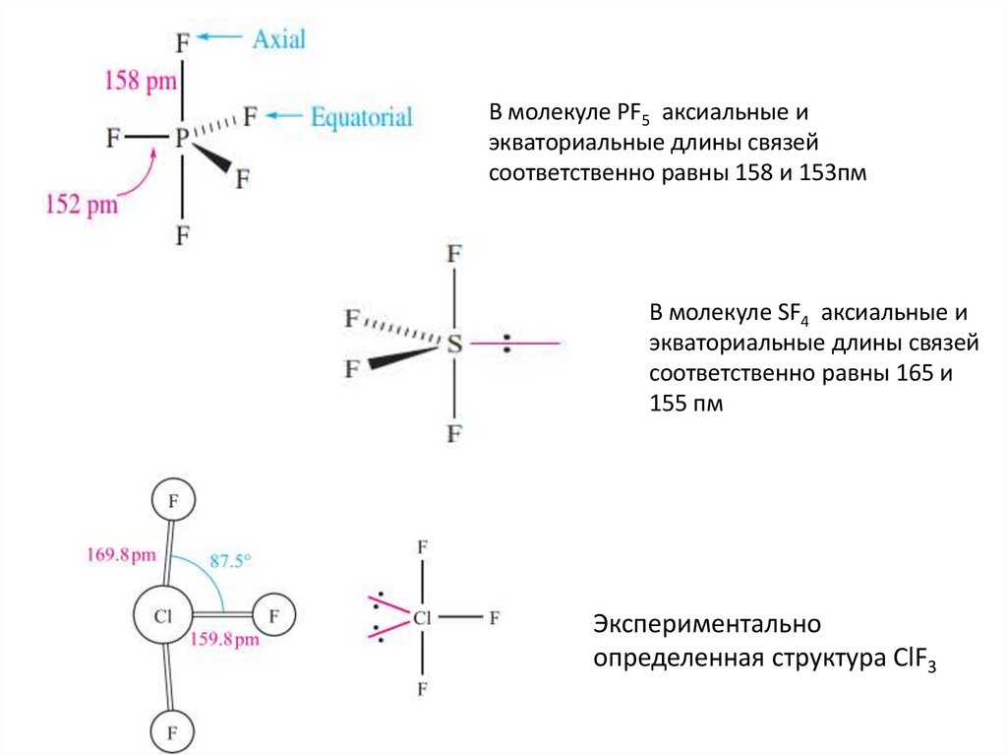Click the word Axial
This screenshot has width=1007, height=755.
pyautogui.click(x=279, y=38)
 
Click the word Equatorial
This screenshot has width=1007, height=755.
pyautogui.click(x=361, y=117)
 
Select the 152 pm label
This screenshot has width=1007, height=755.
pyautogui.click(x=82, y=205)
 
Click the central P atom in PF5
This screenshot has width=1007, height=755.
pyautogui.click(x=182, y=140)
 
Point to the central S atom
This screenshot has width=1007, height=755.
pyautogui.click(x=453, y=344)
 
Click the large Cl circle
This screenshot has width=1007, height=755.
pyautogui.click(x=162, y=618)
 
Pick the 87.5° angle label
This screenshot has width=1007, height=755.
pyautogui.click(x=231, y=562)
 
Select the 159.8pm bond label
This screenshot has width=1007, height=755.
pyautogui.click(x=224, y=640)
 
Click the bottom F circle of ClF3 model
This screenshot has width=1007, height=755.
pyautogui.click(x=173, y=732)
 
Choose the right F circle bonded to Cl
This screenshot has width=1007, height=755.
pyautogui.click(x=275, y=617)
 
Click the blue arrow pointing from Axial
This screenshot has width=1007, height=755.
pyautogui.click(x=219, y=37)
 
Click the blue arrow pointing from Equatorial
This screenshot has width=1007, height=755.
pyautogui.click(x=285, y=116)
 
